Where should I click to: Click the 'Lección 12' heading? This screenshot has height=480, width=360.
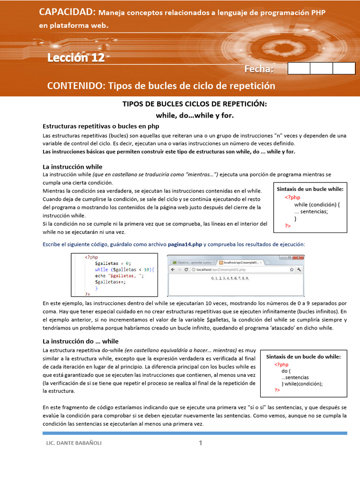76,58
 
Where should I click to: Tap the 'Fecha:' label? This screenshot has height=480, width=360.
259,69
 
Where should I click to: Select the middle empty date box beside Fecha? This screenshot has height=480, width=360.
321,68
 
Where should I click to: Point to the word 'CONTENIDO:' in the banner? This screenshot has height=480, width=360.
76,86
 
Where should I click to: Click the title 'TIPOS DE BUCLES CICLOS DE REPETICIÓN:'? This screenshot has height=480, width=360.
195,104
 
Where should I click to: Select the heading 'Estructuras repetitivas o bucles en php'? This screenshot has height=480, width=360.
101,126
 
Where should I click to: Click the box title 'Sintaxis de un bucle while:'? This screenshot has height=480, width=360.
310,189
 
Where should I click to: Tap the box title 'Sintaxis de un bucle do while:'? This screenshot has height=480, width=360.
303,357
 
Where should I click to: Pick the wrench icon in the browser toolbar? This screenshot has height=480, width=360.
299,270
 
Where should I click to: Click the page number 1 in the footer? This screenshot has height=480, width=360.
201,443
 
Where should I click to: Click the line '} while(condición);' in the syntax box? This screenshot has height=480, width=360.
302,383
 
